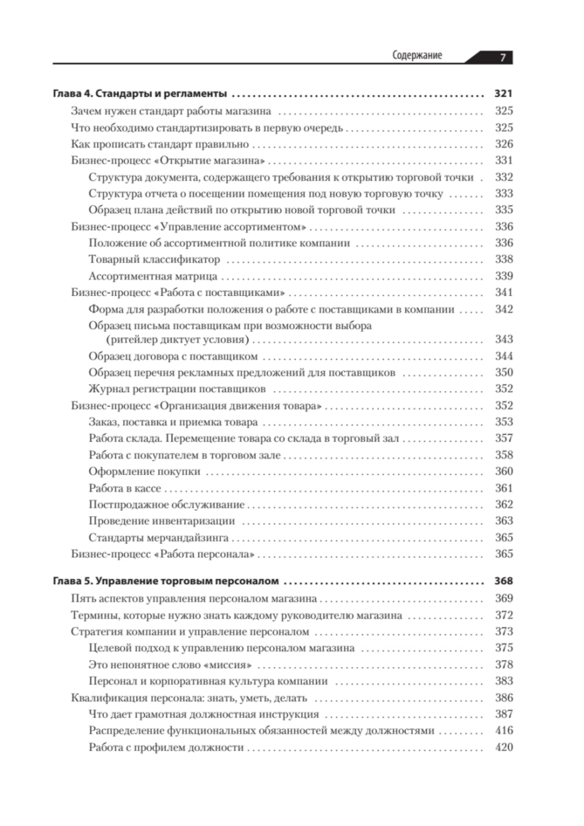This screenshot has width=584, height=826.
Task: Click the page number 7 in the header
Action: click(502, 57)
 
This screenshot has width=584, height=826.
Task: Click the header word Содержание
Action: click(417, 56)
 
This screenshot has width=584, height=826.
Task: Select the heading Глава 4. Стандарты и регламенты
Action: click(140, 94)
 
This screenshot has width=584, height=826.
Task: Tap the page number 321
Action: click(503, 94)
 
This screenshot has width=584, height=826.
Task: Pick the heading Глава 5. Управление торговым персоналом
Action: click(165, 582)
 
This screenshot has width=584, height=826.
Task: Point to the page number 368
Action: click(503, 581)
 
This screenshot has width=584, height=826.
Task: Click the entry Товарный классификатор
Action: click(154, 260)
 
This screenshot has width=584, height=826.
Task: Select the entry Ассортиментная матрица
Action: click(153, 277)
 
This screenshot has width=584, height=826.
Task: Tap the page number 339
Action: click(503, 276)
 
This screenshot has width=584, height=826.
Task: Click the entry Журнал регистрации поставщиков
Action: click(177, 389)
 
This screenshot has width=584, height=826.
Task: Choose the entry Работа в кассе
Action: click(124, 489)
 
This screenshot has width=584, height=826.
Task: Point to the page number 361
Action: click(503, 488)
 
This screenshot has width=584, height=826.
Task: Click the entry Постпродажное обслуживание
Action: click(166, 505)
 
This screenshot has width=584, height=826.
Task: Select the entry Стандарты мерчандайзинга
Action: click(158, 538)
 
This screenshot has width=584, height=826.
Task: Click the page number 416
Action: click(503, 731)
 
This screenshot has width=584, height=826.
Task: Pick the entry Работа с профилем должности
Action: click(166, 748)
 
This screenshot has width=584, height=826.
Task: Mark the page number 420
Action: click(503, 747)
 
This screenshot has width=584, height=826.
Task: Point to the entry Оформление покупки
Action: click(144, 472)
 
